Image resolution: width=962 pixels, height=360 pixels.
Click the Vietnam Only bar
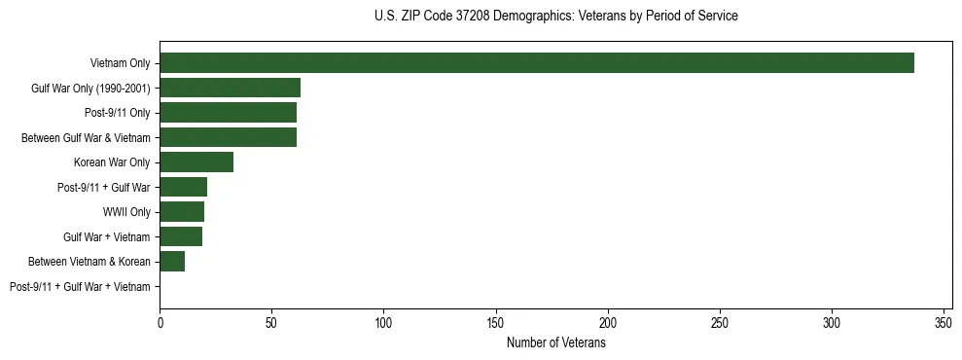(536, 63)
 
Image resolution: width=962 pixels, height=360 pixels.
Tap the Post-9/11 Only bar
(228, 113)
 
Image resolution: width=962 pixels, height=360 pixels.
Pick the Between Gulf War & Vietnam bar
(228, 137)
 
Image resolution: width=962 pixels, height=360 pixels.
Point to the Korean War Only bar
(196, 162)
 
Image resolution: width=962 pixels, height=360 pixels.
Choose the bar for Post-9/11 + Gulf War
(183, 187)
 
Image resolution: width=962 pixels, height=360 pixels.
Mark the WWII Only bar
(182, 212)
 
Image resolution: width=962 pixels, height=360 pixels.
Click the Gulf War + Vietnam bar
(181, 236)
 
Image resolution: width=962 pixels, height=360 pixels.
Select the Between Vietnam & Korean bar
(172, 261)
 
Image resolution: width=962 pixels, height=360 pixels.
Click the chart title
(555, 17)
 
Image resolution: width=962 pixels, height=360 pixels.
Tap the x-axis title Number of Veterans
(555, 342)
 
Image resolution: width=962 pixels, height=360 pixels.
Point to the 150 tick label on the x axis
(496, 322)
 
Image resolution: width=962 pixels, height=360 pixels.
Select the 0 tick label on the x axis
(160, 322)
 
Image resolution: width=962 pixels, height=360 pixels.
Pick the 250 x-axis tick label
(720, 322)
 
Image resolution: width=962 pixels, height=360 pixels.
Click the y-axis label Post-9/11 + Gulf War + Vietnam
(80, 287)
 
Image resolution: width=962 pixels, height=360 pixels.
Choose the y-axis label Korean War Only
(112, 162)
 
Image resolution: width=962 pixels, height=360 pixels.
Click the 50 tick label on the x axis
(271, 322)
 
